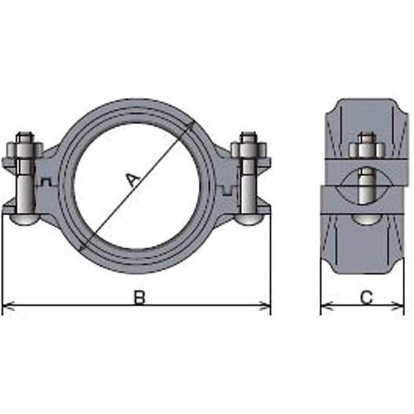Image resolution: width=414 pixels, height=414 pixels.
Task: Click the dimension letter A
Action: click(133, 180)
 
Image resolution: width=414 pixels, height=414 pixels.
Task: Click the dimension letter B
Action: click(139, 298)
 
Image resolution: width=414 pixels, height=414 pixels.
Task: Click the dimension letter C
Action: click(366, 298)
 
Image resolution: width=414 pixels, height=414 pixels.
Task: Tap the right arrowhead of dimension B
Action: click(265, 305)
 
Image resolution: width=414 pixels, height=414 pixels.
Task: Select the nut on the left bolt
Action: click(24, 150)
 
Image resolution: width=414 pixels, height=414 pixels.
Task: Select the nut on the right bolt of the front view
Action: click(249, 150)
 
